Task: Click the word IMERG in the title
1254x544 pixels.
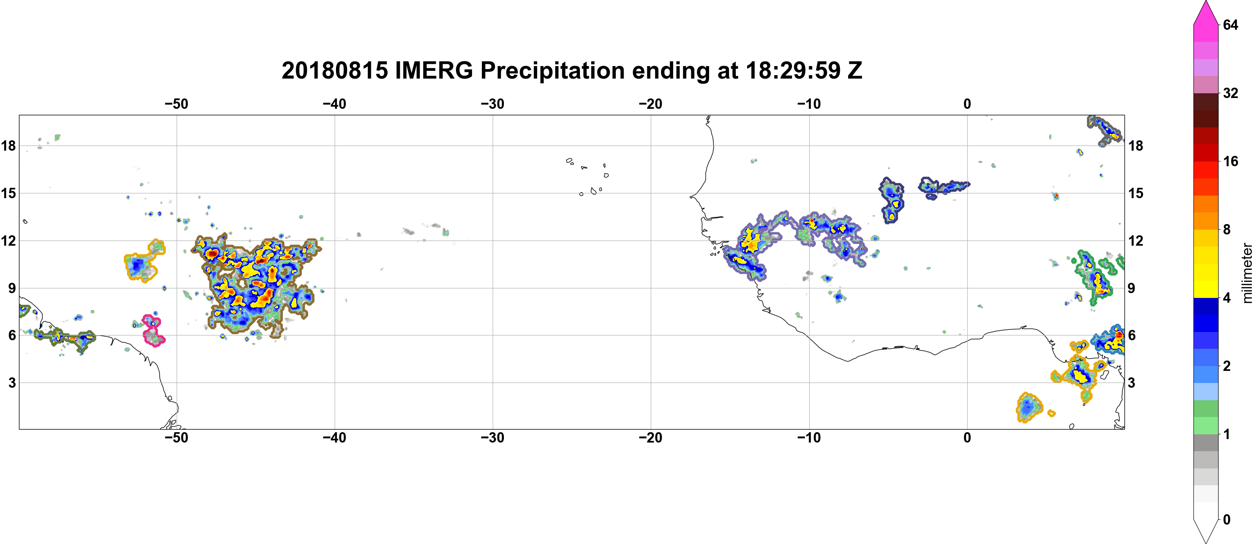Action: tap(433, 70)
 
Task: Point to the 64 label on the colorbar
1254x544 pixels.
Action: tap(1230, 25)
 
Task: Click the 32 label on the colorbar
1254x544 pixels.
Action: tap(1230, 93)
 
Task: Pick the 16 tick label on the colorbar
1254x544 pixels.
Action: tap(1230, 161)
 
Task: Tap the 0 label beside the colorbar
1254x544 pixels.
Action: tap(1227, 520)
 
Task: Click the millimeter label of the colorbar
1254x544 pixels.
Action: tap(1247, 273)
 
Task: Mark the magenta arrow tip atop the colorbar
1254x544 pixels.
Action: tap(1206, 1)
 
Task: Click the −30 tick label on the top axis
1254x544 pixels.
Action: tap(492, 104)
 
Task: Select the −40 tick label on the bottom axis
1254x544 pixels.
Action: tap(334, 438)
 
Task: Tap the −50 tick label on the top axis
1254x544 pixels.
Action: tap(176, 104)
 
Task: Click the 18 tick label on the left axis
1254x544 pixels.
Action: tap(8, 145)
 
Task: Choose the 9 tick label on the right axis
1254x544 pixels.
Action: tap(1131, 288)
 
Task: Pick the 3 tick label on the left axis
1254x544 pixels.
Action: tap(12, 383)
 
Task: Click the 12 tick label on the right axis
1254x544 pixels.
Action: tap(1136, 240)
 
